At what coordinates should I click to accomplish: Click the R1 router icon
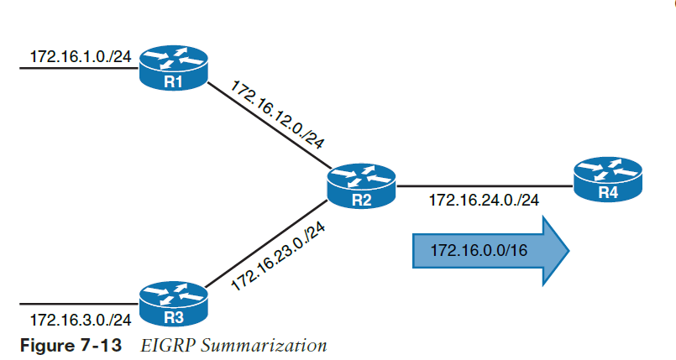174,68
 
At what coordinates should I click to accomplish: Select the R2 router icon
361,186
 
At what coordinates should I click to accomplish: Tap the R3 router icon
174,304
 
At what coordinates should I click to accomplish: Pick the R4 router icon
608,179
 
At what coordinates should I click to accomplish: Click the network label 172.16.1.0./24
81,56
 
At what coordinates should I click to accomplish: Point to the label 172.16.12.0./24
277,114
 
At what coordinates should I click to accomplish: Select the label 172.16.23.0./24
278,257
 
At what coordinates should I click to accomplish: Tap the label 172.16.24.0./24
484,201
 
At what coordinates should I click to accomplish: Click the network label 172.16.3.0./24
81,320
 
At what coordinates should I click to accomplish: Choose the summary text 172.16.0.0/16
479,250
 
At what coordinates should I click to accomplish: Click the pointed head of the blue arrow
569,251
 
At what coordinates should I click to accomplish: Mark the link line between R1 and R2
269,125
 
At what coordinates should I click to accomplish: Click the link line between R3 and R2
266,243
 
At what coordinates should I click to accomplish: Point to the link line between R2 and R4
485,186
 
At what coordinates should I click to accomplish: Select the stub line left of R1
79,68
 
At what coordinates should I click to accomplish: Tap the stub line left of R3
79,304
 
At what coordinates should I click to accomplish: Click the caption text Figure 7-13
71,346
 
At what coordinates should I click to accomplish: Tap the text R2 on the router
361,200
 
